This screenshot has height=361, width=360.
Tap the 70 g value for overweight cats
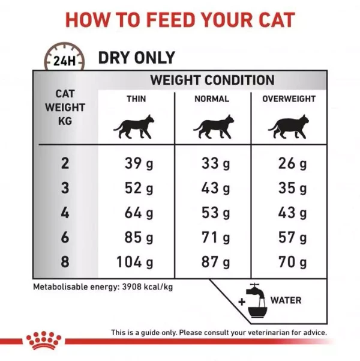point(293,262)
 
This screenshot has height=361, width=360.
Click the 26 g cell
point(293,163)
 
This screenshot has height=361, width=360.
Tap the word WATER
point(286,300)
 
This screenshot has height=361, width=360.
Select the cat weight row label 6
point(65,237)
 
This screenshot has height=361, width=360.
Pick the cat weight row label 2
point(65,163)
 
